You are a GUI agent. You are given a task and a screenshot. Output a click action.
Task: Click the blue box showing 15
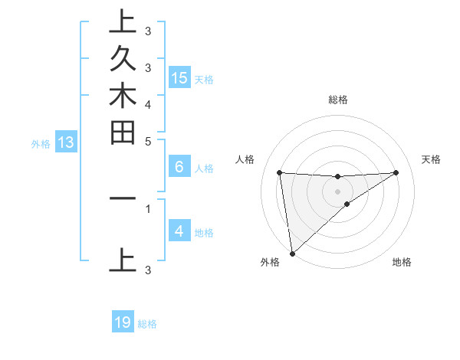click(x=179, y=77)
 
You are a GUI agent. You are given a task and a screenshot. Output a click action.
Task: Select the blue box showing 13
click(x=65, y=142)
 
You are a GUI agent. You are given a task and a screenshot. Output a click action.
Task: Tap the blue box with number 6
click(x=179, y=167)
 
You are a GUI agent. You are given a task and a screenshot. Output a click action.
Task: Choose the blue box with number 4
click(x=179, y=231)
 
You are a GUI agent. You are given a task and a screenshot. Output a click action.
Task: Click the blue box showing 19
click(x=123, y=322)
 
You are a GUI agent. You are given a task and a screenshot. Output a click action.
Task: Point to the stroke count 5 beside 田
click(x=148, y=141)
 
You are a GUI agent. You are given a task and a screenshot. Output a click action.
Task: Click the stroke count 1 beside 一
click(x=148, y=207)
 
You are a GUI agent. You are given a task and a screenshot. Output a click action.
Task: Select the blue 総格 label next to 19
click(x=147, y=324)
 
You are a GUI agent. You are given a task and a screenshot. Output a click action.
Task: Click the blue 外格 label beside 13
click(x=41, y=143)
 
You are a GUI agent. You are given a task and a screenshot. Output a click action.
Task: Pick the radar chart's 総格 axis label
click(x=337, y=100)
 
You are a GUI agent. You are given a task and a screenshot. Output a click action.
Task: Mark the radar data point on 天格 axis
click(x=396, y=172)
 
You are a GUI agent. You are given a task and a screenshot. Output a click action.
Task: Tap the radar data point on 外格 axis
click(x=292, y=253)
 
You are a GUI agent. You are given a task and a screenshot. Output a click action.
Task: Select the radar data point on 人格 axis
click(x=280, y=172)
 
